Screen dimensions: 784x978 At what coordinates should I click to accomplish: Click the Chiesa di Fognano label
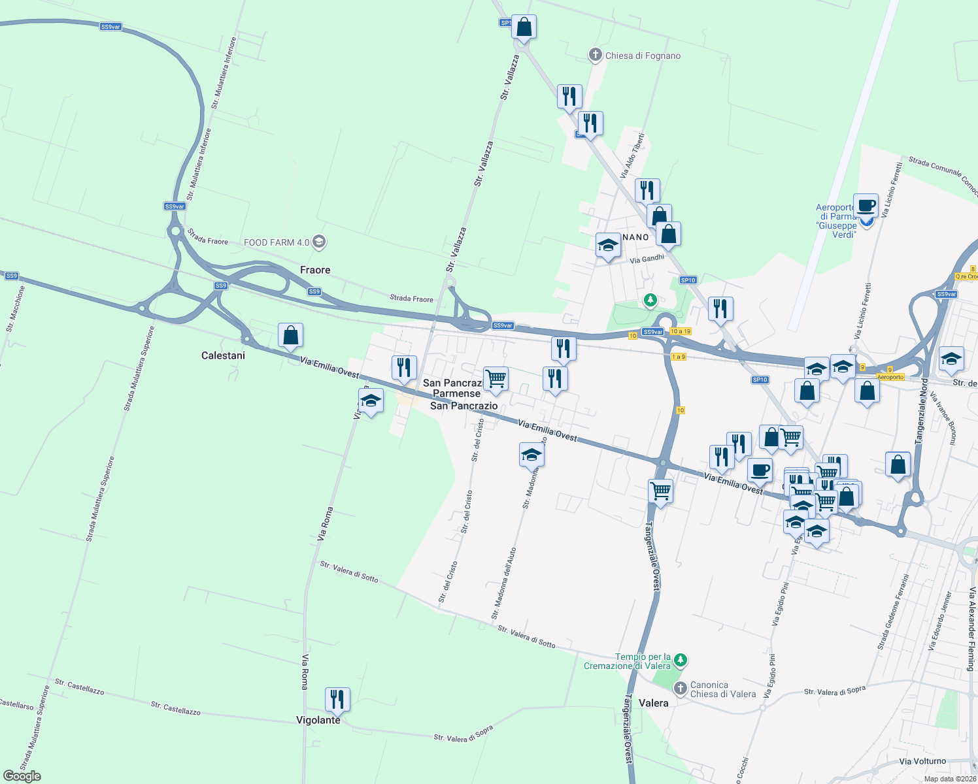[643, 56]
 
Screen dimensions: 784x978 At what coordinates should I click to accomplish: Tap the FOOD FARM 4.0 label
[277, 242]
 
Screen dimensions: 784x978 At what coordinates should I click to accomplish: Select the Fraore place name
[315, 270]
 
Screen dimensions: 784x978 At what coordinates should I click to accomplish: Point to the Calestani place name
[223, 355]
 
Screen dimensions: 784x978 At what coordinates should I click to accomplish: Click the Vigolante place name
[318, 720]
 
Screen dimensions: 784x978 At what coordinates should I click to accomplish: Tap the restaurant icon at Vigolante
[337, 700]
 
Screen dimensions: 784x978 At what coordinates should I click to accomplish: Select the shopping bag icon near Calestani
[291, 336]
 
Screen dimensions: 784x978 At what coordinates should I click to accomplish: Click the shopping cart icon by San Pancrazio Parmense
[496, 378]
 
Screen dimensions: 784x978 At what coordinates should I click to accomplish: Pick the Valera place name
[654, 703]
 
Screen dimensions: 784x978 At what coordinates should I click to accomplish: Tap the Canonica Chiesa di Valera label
[722, 689]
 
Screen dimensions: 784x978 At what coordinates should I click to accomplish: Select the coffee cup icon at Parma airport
[866, 206]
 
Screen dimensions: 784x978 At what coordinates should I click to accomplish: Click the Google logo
[22, 776]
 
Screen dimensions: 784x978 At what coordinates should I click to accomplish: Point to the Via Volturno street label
[922, 761]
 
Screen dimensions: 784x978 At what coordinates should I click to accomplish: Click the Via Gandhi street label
[647, 259]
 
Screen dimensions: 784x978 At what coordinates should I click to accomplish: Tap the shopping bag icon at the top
[524, 27]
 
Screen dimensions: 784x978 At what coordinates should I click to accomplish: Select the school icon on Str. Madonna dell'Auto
[532, 454]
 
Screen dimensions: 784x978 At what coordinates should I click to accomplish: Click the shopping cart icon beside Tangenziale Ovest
[661, 490]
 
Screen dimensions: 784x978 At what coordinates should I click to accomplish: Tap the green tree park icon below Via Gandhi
[650, 300]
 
